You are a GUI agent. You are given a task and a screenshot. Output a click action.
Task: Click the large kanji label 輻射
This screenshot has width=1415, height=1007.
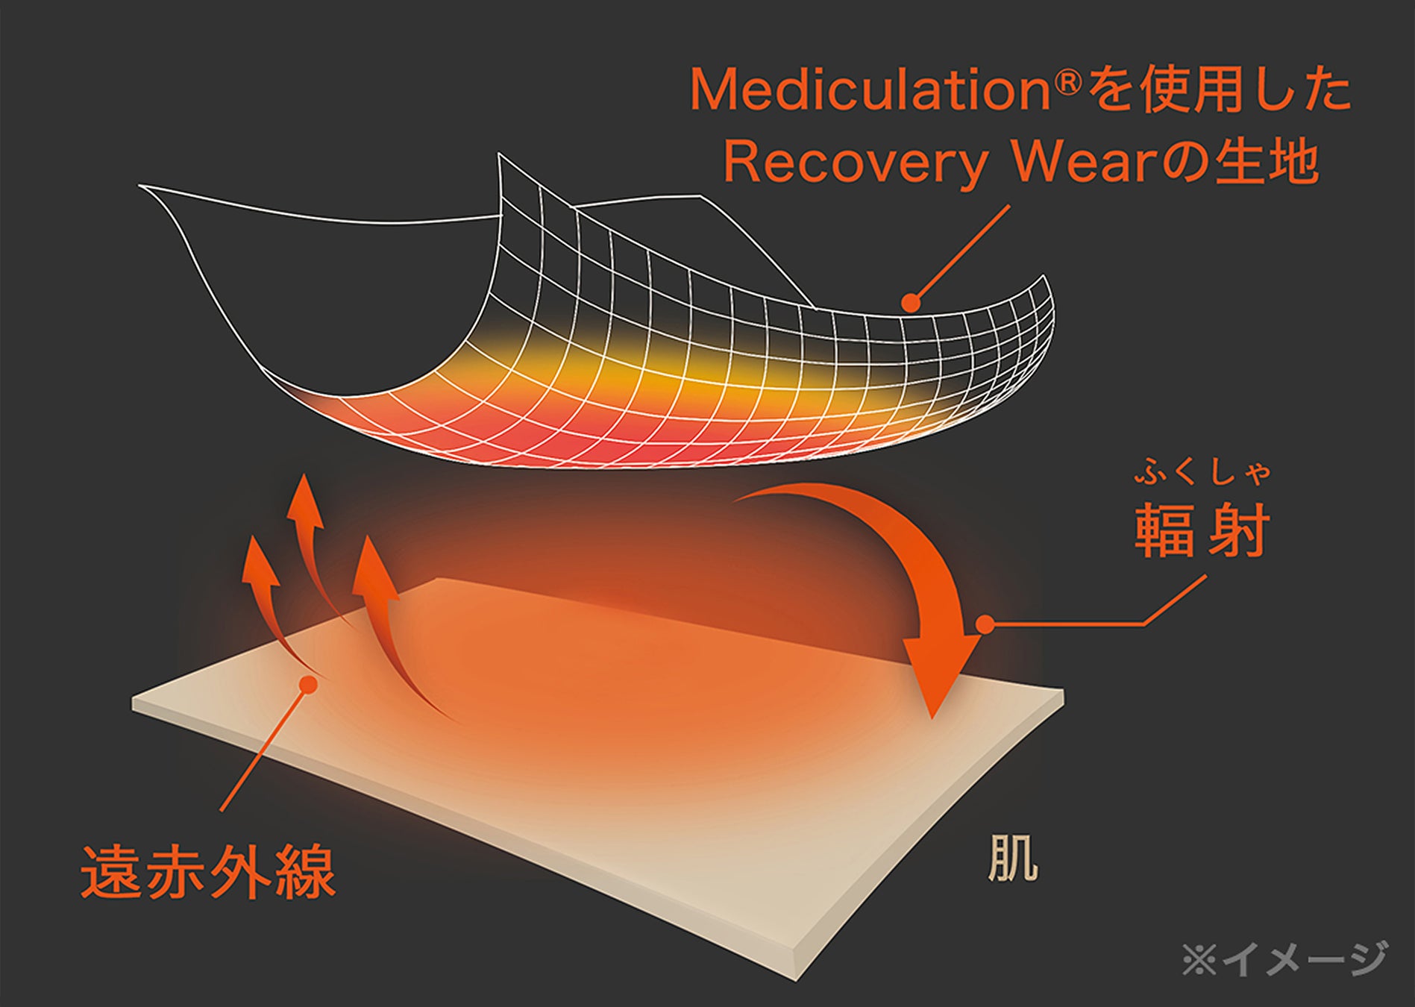coord(1201,531)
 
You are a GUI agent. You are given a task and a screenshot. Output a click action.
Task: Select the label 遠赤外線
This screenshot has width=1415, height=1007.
coord(208,872)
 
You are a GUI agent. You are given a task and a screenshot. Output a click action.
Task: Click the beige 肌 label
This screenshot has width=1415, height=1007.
coord(1012,859)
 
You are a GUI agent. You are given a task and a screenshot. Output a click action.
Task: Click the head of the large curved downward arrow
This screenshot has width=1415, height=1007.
coord(937,671)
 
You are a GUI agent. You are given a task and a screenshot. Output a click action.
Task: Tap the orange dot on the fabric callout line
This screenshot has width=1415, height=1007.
coord(911,302)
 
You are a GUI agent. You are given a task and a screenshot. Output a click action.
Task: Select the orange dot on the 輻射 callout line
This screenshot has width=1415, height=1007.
coord(985,624)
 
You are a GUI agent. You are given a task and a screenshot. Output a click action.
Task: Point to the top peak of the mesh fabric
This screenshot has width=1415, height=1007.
coord(499,155)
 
